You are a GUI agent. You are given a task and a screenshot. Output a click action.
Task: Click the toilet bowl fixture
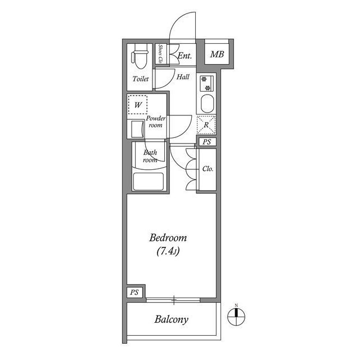[x=140, y=56]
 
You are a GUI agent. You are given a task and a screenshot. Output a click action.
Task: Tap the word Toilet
[x=141, y=79]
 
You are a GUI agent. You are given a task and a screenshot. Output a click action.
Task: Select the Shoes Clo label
[x=160, y=54]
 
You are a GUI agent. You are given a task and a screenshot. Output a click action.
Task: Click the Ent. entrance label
[x=184, y=56]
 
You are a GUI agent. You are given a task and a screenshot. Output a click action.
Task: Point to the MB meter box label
[x=217, y=55]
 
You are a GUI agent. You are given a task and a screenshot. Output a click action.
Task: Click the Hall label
[x=183, y=76]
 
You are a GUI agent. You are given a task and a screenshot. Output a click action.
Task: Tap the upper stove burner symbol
[x=204, y=79]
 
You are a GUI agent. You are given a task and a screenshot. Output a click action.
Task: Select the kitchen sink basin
[x=208, y=103]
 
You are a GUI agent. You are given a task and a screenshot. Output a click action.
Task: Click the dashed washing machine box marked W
[x=137, y=105]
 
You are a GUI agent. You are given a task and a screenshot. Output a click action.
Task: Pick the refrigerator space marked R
[x=206, y=125]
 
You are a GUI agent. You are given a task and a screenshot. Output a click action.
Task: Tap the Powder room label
[x=156, y=121]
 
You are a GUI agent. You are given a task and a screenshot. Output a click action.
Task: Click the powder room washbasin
[x=137, y=129]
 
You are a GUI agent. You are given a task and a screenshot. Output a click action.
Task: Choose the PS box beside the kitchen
[x=206, y=142]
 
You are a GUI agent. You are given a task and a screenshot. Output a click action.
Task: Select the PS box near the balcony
[x=134, y=292]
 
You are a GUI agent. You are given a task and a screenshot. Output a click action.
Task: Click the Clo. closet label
[x=208, y=169]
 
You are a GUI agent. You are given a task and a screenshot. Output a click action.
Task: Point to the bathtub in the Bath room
[x=148, y=181]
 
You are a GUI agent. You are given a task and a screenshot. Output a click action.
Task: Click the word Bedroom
[x=168, y=238]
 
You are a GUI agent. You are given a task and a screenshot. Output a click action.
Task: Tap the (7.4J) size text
[x=168, y=251]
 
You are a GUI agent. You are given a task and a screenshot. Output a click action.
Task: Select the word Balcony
[x=171, y=319]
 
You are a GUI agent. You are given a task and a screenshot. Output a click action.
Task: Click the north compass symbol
[x=236, y=317]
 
